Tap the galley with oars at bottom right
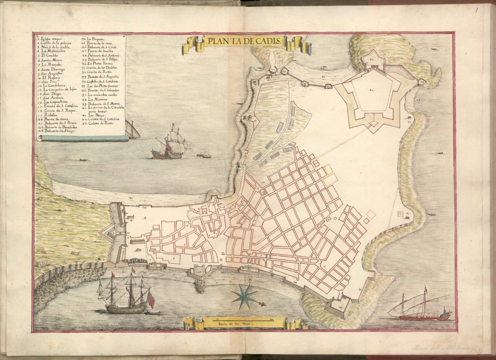click(x=420, y=308)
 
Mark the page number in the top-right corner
click(x=477, y=8)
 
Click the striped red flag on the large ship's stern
click(x=150, y=300)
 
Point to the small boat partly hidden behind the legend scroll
click(x=132, y=130)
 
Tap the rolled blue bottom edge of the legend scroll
click(x=82, y=138)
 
